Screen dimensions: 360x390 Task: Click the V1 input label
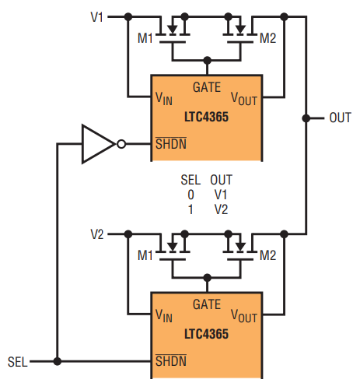(x=97, y=17)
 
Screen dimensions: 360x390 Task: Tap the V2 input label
(x=97, y=234)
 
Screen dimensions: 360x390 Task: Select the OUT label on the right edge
(x=340, y=118)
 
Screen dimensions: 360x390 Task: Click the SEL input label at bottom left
(x=18, y=362)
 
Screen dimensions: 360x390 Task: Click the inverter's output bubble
(x=121, y=144)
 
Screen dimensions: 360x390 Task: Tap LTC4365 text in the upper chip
(x=206, y=117)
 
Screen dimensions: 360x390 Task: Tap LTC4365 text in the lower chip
(x=206, y=334)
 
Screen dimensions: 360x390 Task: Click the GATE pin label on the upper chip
(x=207, y=87)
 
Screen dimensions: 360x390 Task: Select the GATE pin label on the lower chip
(x=207, y=304)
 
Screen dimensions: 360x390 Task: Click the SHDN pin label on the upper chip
(x=171, y=143)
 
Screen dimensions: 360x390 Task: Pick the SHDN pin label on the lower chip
(x=171, y=360)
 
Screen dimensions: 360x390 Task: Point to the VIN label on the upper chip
(x=164, y=99)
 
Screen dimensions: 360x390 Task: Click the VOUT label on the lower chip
(x=244, y=316)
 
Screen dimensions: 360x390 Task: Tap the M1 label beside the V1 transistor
(x=145, y=38)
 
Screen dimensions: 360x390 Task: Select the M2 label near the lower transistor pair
(x=268, y=255)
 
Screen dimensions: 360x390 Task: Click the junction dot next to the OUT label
(x=306, y=118)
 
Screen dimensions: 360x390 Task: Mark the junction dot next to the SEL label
(x=58, y=361)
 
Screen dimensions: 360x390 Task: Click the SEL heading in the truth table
(x=190, y=180)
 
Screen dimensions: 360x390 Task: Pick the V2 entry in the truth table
(x=221, y=209)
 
